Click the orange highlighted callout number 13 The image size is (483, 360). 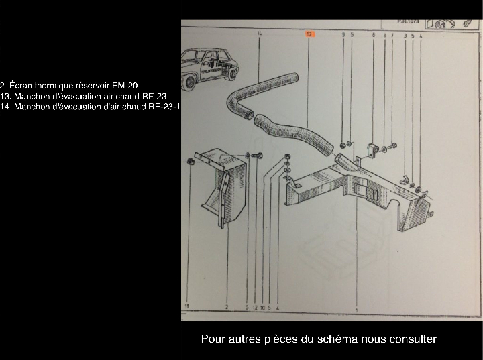309,33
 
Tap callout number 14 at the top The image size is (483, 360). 259,33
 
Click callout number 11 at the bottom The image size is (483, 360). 187,306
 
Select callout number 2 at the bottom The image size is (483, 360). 227,306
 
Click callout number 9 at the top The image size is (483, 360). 343,34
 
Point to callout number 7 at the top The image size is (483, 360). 392,34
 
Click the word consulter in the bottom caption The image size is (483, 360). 411,339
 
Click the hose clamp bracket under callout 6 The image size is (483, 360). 372,147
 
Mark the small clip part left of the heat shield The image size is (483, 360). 191,162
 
